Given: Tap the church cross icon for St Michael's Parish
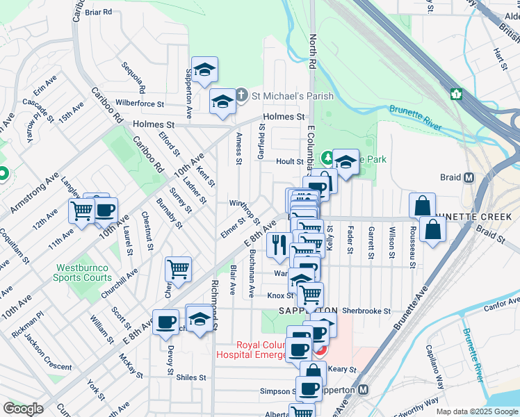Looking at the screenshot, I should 241,95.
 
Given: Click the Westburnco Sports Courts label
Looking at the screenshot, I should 82,272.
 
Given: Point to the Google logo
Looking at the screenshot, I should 23,409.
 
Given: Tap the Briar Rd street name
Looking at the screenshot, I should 98,12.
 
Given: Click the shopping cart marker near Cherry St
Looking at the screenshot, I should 179,268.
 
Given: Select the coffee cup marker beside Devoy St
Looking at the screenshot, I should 165,322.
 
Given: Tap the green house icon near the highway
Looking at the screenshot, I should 457,94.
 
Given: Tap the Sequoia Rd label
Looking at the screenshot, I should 132,77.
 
